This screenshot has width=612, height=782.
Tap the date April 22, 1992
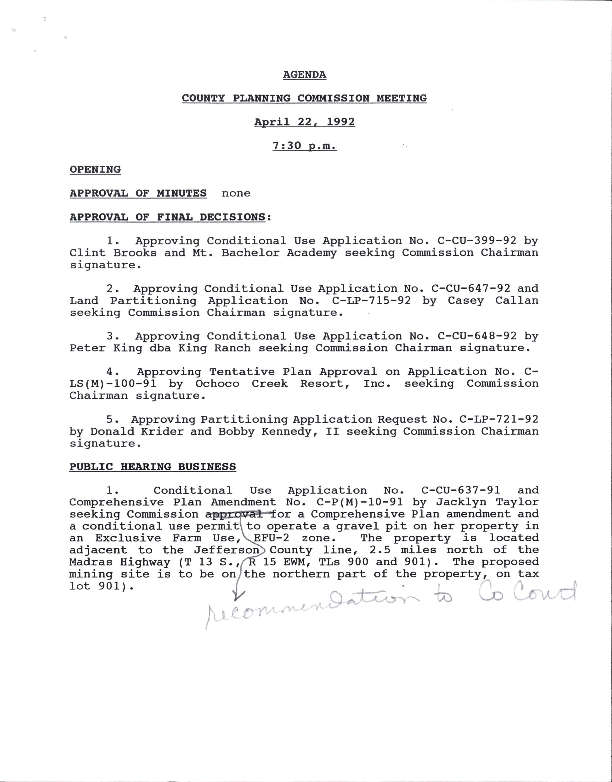305,122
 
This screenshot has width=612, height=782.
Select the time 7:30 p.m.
305,146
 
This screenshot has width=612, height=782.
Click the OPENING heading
95,170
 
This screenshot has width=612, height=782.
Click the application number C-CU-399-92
477,241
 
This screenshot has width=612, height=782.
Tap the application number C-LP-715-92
371,300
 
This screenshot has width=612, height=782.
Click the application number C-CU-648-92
477,336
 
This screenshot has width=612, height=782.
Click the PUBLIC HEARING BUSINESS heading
153,467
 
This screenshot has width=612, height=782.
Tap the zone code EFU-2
271,538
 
